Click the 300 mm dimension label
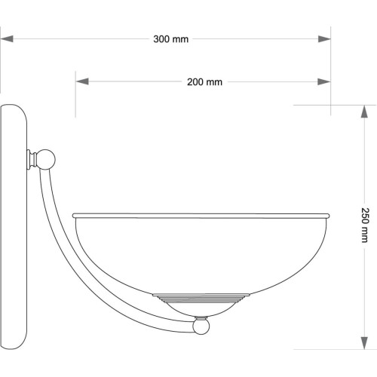point(171,39)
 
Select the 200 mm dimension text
point(204,82)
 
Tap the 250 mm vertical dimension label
point(365,225)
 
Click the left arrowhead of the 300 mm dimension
point(7,39)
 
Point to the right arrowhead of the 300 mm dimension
point(324,39)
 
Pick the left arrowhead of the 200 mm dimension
point(82,81)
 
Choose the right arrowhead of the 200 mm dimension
point(324,81)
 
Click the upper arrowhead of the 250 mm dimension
point(364,112)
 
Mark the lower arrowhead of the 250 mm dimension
point(364,343)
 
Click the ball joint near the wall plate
point(45,159)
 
